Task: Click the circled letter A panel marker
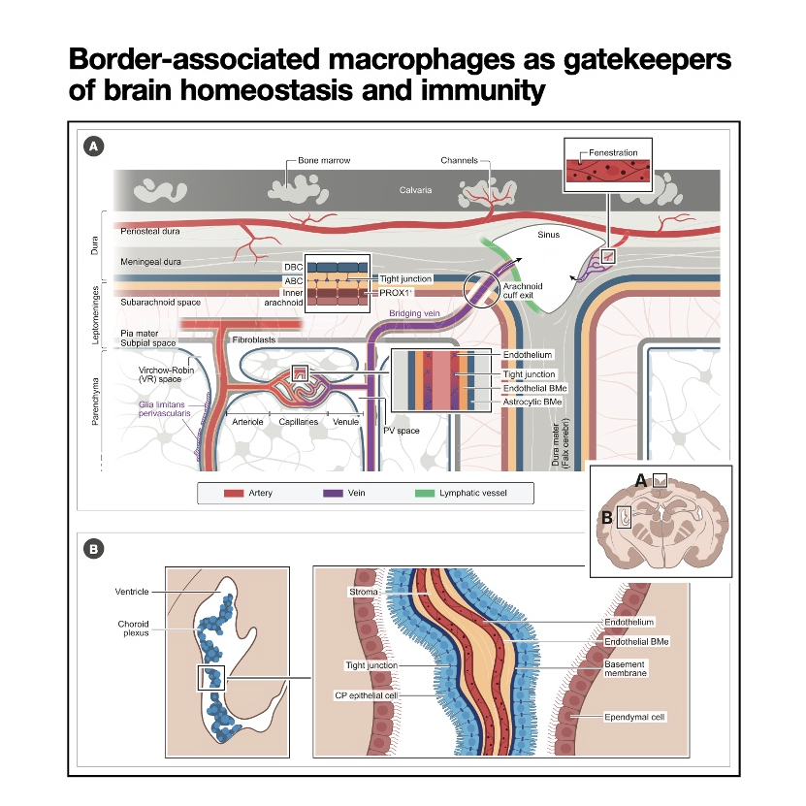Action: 94,146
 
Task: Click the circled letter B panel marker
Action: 94,549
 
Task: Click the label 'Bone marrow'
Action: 326,160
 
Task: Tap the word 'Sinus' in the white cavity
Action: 549,234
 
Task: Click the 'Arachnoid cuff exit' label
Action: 524,292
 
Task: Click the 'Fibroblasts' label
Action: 255,340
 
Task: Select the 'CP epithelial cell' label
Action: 366,694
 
